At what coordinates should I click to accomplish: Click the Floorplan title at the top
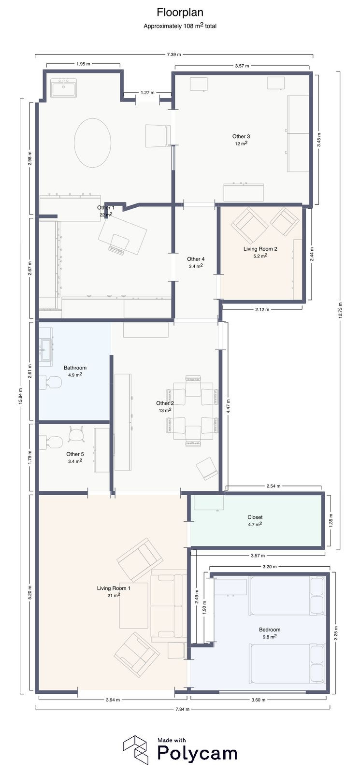pos(180,13)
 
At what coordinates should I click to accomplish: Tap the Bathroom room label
pos(75,368)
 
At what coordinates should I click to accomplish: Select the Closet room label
pos(255,517)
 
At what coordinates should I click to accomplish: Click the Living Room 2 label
pos(260,249)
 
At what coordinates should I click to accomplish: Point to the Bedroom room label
pos(269,630)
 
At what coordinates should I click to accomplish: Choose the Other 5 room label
pos(75,454)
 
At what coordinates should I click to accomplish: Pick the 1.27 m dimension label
pos(147,92)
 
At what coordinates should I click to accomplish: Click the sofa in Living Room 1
pos(168,606)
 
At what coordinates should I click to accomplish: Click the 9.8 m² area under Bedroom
pos(269,637)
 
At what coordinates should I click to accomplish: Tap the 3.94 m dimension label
pos(113,700)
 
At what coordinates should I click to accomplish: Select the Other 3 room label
pos(241,136)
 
